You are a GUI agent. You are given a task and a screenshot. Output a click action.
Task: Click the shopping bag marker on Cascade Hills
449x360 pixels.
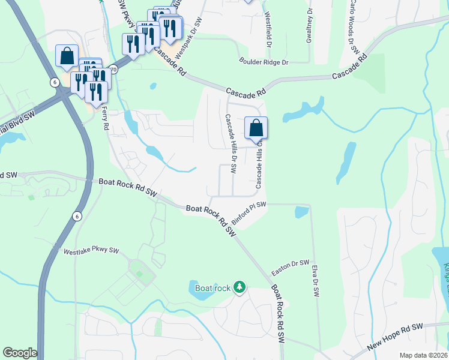pos(256,128)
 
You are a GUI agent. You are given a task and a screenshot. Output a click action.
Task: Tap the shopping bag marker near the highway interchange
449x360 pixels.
pos(67,56)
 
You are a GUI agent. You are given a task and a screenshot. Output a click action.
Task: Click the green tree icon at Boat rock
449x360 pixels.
pos(240,287)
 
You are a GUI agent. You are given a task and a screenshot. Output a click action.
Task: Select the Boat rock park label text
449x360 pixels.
pos(213,288)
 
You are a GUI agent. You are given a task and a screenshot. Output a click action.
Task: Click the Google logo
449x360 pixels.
pos(20,353)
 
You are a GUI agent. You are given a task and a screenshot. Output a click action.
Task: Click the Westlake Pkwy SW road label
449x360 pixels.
pos(92,251)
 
